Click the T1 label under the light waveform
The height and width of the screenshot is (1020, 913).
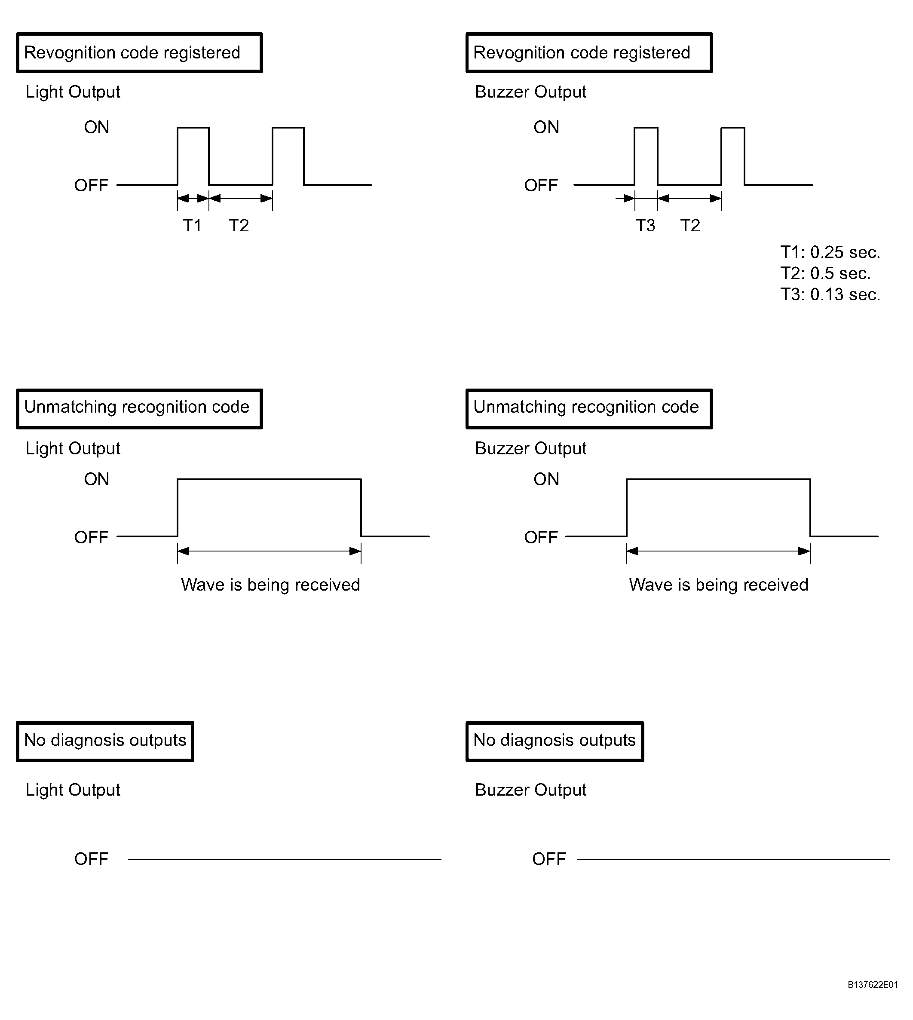click(x=192, y=226)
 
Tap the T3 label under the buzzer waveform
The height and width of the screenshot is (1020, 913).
click(x=645, y=226)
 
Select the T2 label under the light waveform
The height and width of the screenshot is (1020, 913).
click(x=239, y=226)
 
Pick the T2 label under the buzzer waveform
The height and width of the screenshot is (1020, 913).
click(x=690, y=226)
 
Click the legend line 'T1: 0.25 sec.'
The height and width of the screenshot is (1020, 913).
click(x=830, y=252)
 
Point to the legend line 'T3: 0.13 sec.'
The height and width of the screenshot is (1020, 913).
click(x=830, y=294)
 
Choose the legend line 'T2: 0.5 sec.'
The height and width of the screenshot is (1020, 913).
click(x=825, y=273)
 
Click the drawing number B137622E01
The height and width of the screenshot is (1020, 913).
click(x=872, y=984)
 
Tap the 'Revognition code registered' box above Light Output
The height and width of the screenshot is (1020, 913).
click(x=139, y=53)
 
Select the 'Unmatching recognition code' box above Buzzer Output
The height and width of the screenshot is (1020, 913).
click(x=589, y=408)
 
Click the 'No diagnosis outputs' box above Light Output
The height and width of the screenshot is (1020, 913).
click(x=105, y=741)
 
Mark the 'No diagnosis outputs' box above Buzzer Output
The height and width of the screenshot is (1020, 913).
click(x=555, y=741)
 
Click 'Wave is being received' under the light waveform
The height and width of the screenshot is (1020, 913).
click(x=270, y=585)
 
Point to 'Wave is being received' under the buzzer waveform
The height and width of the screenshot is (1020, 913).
click(x=718, y=585)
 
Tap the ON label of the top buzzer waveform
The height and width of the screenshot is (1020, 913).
click(x=546, y=127)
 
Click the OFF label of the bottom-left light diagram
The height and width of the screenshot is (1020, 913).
click(x=91, y=858)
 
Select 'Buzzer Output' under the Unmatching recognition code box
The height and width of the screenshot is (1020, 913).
click(x=530, y=448)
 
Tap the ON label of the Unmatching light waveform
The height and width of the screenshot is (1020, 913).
click(x=96, y=479)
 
